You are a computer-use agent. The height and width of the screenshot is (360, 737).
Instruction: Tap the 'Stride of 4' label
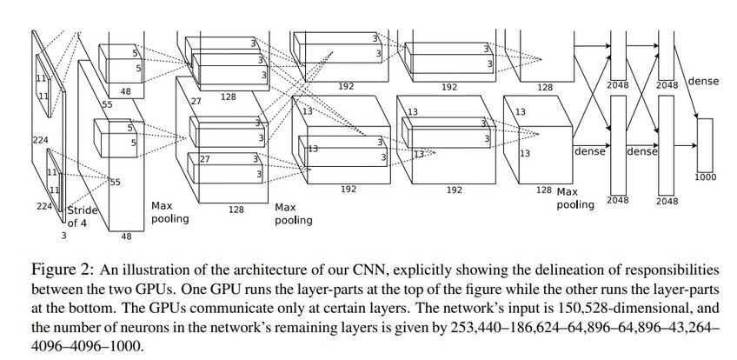pos(83,217)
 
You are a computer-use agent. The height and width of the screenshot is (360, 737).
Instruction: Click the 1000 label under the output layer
pos(705,177)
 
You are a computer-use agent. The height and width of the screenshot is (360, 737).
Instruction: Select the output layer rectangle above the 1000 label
pos(705,145)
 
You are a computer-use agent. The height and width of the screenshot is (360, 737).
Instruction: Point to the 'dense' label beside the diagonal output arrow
pos(703,81)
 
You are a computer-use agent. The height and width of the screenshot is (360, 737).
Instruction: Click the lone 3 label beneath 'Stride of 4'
pos(64,235)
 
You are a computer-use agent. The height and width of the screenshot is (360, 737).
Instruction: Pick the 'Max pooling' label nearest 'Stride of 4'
pos(170,212)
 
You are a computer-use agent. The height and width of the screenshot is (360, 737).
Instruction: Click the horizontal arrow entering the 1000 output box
pos(686,146)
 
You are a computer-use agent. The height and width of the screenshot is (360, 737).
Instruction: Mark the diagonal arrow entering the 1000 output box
pos(686,82)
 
